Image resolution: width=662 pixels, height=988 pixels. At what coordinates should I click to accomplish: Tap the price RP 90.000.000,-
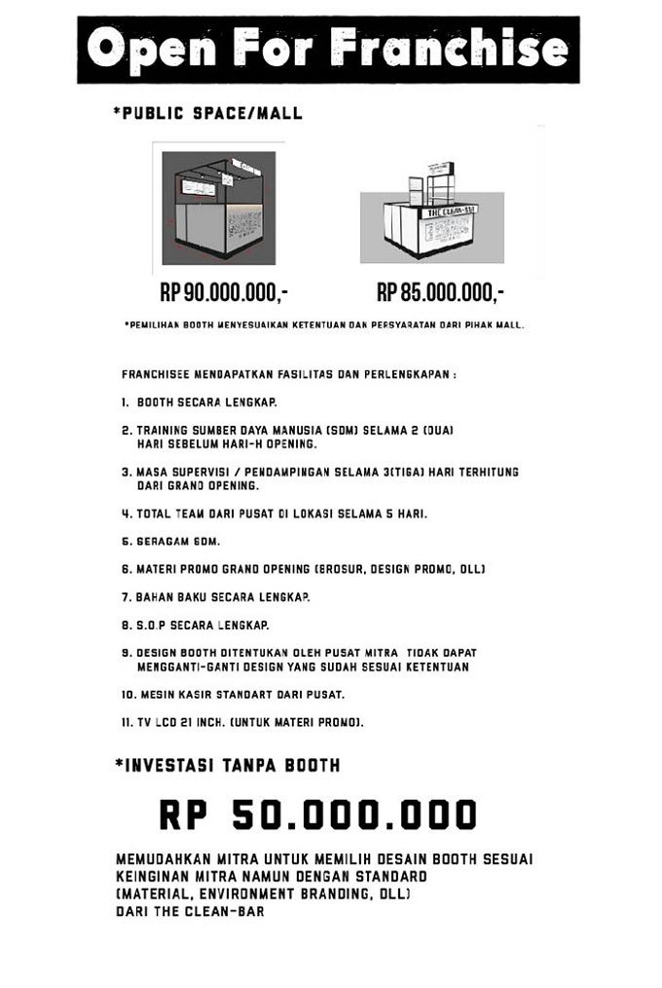(224, 292)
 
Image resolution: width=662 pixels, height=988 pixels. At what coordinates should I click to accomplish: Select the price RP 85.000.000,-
(440, 292)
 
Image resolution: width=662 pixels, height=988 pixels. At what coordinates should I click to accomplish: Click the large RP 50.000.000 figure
(318, 815)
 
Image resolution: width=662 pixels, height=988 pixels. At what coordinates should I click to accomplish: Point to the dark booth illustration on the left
(218, 208)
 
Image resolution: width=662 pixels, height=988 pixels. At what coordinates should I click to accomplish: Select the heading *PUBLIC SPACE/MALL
(207, 114)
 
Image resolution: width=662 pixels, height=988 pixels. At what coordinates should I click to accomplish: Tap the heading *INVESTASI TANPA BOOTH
(228, 765)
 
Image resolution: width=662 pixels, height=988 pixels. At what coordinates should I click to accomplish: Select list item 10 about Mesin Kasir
(234, 695)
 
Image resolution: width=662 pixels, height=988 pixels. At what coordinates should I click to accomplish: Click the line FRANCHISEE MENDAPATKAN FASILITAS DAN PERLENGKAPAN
(289, 374)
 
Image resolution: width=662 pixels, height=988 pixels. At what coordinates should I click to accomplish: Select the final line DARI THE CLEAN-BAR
(190, 912)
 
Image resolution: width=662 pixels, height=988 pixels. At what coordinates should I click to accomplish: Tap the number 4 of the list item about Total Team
(126, 513)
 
